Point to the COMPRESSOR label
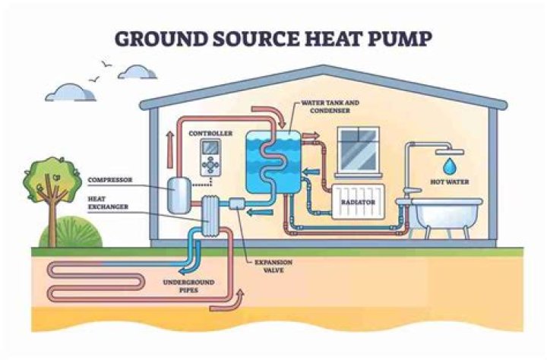112,180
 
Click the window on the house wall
358,150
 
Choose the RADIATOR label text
362,204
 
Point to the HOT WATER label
450,182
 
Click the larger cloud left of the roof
70,93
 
